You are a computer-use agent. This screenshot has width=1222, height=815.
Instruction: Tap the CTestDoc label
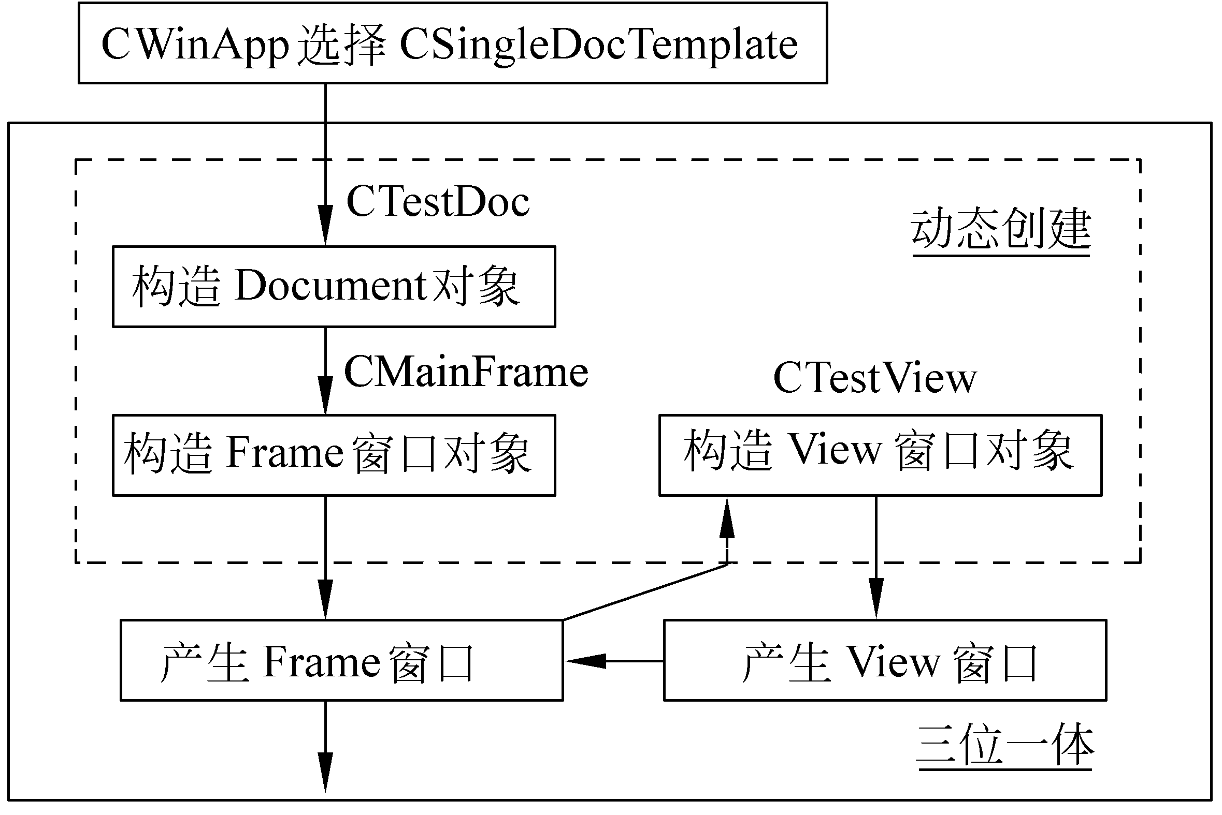tap(438, 202)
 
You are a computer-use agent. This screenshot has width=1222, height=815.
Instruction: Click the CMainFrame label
tap(466, 372)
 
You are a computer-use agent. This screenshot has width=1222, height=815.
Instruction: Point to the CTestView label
tap(875, 378)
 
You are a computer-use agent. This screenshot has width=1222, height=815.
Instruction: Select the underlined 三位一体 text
tap(1005, 746)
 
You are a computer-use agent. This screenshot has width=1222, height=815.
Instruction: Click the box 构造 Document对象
tap(334, 286)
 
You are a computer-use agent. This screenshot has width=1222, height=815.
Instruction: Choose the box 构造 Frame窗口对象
tap(334, 455)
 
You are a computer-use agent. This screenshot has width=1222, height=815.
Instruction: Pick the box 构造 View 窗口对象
tap(880, 455)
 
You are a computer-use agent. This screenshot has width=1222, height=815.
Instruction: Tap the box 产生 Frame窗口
tap(341, 660)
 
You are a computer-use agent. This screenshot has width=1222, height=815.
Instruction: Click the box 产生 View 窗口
tap(885, 660)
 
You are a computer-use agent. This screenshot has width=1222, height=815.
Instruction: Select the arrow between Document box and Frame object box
tap(325, 370)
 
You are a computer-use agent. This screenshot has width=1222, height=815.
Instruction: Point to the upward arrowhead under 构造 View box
tap(727, 520)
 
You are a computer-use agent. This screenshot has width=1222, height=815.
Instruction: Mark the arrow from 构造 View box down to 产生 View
tap(876, 556)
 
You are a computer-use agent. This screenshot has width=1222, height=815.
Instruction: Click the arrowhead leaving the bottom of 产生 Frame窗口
tap(325, 772)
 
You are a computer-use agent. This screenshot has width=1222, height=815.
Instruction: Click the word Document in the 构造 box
tap(332, 286)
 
